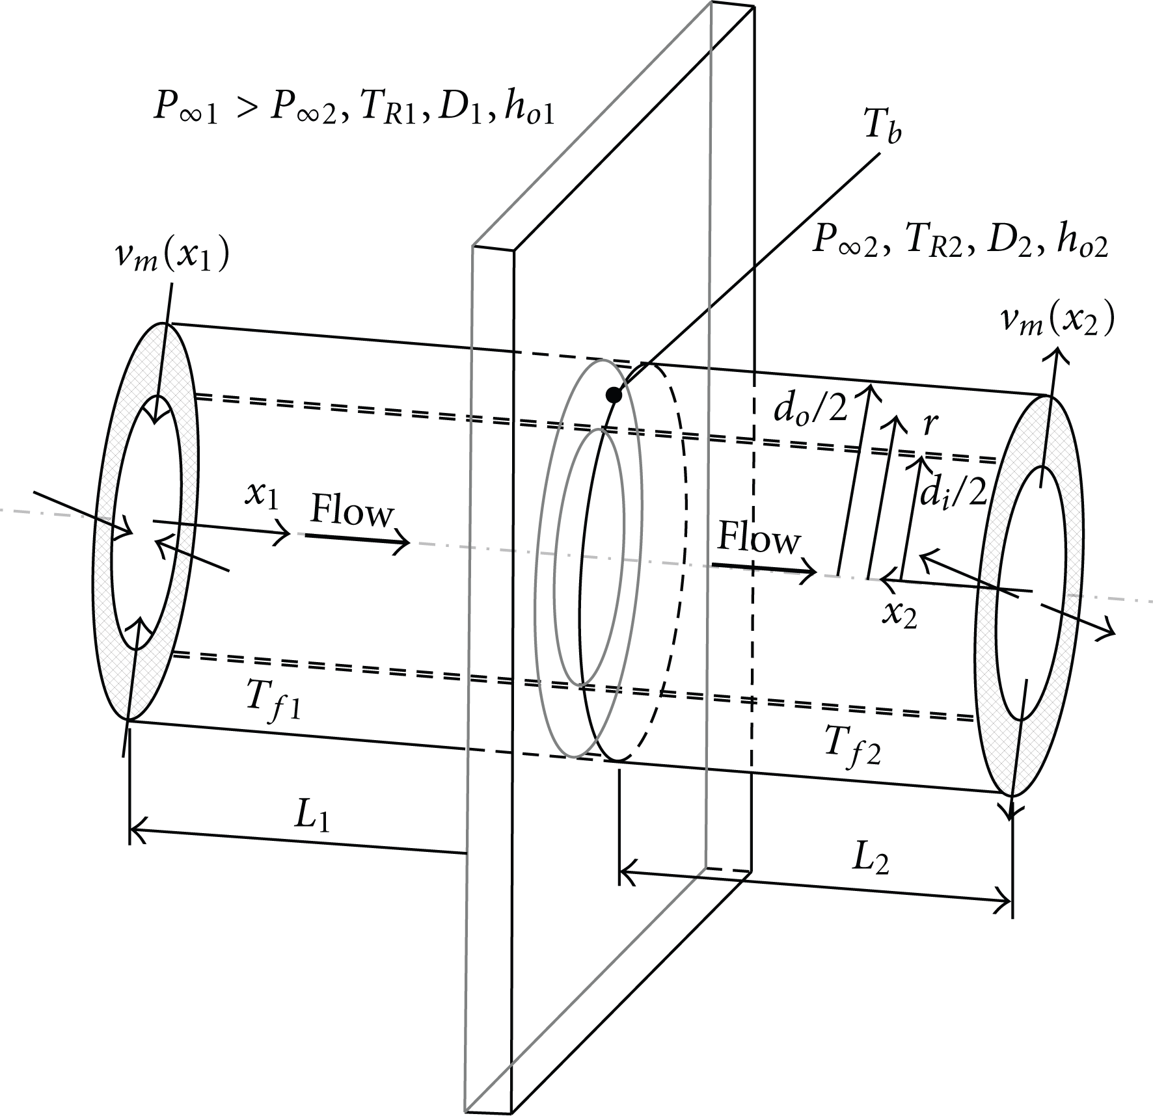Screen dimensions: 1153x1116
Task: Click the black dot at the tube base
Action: [612, 394]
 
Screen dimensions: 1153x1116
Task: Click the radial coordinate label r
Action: [930, 425]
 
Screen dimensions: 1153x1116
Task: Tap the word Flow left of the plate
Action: [352, 511]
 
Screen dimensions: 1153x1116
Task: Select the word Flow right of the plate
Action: [758, 538]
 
